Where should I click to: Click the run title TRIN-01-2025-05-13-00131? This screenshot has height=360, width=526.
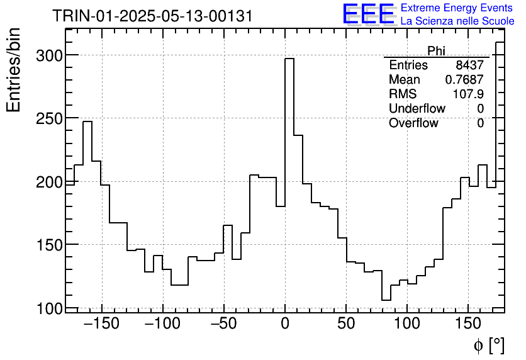point(152,16)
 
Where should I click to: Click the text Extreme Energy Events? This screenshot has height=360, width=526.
point(457,8)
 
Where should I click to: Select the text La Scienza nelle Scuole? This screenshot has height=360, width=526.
point(457,21)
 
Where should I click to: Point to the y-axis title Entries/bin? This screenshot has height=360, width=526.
point(13,70)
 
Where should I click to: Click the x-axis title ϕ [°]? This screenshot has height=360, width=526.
point(489,345)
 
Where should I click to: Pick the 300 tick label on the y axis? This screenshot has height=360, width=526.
point(48,55)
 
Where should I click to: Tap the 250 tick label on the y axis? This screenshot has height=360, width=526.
point(48,119)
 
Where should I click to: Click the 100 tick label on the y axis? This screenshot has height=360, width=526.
point(48,308)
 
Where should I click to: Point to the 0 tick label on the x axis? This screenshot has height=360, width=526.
point(285,325)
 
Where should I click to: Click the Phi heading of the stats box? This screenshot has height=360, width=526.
point(436,50)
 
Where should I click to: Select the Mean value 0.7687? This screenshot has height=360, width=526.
point(464,80)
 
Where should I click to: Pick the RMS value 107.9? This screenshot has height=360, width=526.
point(468,94)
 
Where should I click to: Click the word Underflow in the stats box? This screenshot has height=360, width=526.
point(417,109)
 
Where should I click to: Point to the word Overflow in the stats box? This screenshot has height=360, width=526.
point(413,123)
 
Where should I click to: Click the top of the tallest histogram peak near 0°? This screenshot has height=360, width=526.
point(289,59)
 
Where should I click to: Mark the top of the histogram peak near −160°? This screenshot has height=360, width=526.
point(87,121)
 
